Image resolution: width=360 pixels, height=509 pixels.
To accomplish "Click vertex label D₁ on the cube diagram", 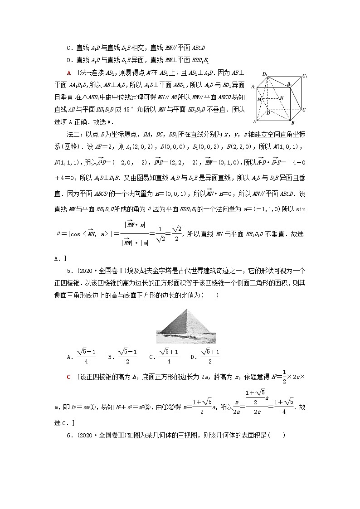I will point(264,73).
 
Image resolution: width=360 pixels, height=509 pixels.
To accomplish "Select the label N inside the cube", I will point(281,98).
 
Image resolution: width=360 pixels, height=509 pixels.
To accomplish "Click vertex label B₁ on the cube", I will point(288,84).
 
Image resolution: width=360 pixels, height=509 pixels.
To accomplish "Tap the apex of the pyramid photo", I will point(187,310).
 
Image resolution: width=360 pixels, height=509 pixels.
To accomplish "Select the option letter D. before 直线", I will point(69,59).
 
